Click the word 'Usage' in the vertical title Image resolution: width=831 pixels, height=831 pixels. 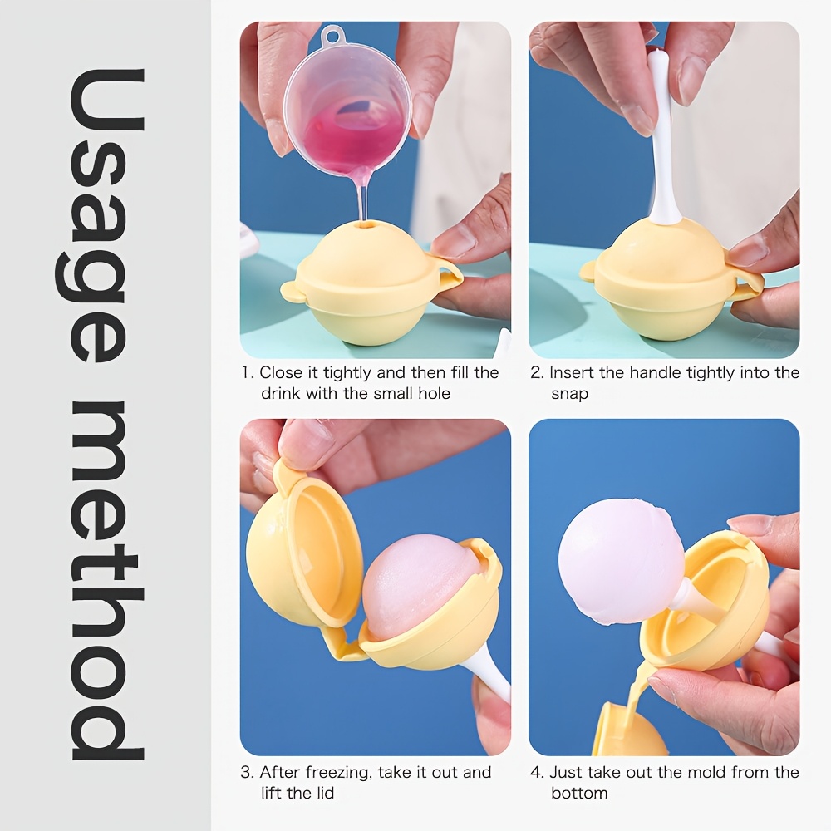99,216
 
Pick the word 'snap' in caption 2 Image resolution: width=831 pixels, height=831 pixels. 569,395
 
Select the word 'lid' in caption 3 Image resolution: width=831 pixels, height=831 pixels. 325,793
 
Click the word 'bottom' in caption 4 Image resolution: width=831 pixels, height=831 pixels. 578,793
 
